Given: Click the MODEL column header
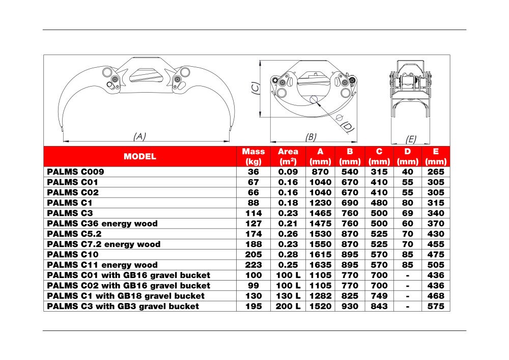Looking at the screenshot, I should [x=140, y=156].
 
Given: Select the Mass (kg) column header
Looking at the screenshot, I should [x=253, y=156].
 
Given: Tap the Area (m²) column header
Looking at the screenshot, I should [x=288, y=156].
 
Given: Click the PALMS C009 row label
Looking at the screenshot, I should [x=75, y=172].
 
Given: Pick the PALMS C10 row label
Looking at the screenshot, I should [x=73, y=255].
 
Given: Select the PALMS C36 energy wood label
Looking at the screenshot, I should [x=102, y=224].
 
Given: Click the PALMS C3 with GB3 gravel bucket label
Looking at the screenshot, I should [x=123, y=306].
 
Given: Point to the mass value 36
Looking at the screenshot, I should [x=253, y=172].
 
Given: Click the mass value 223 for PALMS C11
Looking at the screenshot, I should [x=253, y=265].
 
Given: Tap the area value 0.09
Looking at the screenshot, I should [x=288, y=172].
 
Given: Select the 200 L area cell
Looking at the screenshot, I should [x=288, y=306].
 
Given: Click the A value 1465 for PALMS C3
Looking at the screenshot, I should [x=321, y=213].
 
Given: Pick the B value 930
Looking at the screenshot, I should [x=350, y=306].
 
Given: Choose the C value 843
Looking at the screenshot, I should [x=379, y=306].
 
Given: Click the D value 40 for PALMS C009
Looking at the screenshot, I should [x=408, y=172].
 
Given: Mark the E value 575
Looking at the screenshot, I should [x=436, y=306].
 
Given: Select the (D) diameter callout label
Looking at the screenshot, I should [x=347, y=125].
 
